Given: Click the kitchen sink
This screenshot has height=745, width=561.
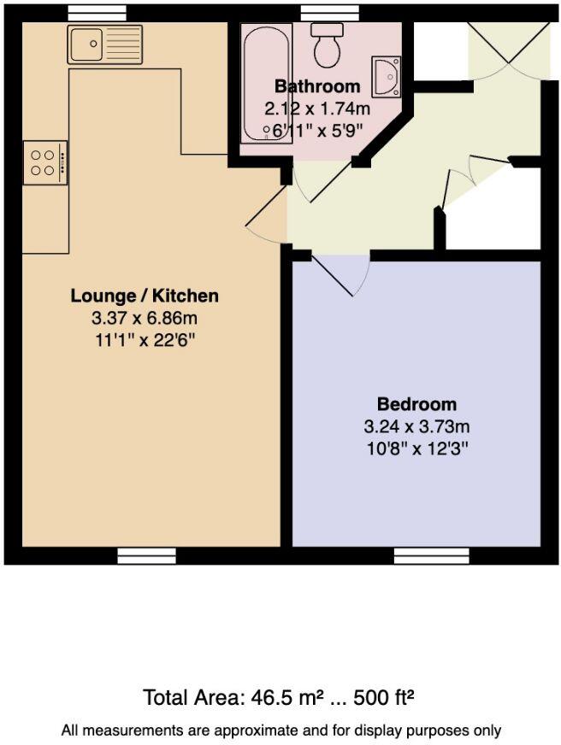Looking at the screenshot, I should [105, 44].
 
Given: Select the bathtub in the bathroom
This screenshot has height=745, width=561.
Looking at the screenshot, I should [256, 86].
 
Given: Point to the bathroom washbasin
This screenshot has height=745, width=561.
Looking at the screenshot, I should [385, 76].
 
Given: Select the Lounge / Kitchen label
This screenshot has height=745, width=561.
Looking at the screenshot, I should [145, 296].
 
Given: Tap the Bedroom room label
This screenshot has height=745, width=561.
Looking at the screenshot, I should [416, 404].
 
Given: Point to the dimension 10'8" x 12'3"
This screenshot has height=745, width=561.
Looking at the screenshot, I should [416, 447].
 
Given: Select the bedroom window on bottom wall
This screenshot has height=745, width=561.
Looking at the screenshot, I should [431, 556].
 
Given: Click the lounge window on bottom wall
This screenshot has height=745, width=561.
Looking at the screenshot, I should [145, 556].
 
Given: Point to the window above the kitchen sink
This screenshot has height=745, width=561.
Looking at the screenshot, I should [97, 13].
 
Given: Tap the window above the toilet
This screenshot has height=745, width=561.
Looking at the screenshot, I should [329, 13].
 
